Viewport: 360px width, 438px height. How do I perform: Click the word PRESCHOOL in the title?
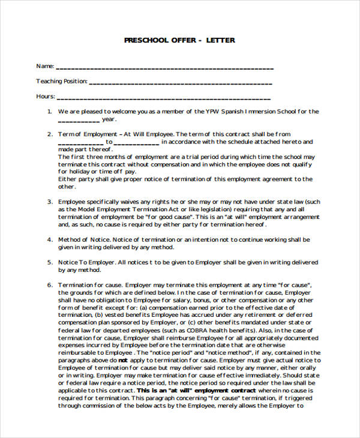(145, 41)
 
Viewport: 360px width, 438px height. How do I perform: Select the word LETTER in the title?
(221, 41)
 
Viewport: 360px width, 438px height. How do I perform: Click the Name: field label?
(45, 66)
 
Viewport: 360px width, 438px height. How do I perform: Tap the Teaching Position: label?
(62, 81)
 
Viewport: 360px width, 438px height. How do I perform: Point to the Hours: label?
(46, 96)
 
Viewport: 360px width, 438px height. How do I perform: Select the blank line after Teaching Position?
(181, 82)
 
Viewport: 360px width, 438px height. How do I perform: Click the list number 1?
(49, 112)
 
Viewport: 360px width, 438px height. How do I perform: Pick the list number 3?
(49, 202)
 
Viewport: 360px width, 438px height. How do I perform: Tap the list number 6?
(49, 284)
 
